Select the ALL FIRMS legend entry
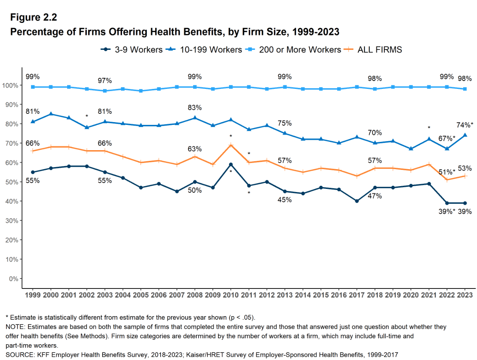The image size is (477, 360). point(379,50)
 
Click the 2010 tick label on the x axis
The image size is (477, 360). point(231,295)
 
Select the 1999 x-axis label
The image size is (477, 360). point(33,295)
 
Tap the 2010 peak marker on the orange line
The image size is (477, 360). point(231,145)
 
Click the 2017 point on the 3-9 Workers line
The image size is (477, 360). point(357,201)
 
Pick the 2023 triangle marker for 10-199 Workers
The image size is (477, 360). point(465,135)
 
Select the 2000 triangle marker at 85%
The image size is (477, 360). point(51,114)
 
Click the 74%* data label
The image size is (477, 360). point(465,125)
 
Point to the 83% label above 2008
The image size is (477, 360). point(195,107)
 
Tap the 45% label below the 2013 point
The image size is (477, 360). point(284,200)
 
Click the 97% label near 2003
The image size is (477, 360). point(105,81)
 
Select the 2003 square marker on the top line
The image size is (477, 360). point(105,91)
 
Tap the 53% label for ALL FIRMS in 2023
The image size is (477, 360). point(465,168)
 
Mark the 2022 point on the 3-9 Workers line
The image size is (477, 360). point(447,203)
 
